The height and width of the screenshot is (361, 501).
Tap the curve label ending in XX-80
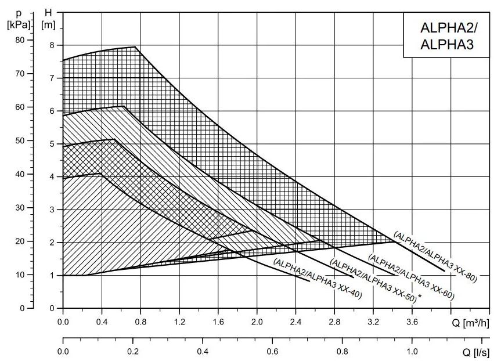click(x=435, y=257)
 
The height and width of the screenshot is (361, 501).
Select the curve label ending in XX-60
click(x=410, y=277)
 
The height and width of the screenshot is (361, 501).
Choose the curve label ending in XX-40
click(x=317, y=279)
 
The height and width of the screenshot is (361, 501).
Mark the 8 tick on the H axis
click(x=51, y=45)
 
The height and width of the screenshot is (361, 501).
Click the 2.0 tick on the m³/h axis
click(x=257, y=320)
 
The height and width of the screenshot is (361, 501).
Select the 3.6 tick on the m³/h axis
click(x=412, y=320)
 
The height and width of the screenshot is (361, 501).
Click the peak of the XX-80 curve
click(x=135, y=46)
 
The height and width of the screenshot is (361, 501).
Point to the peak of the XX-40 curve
click(x=101, y=173)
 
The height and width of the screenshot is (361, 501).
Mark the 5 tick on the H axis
click(x=51, y=144)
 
